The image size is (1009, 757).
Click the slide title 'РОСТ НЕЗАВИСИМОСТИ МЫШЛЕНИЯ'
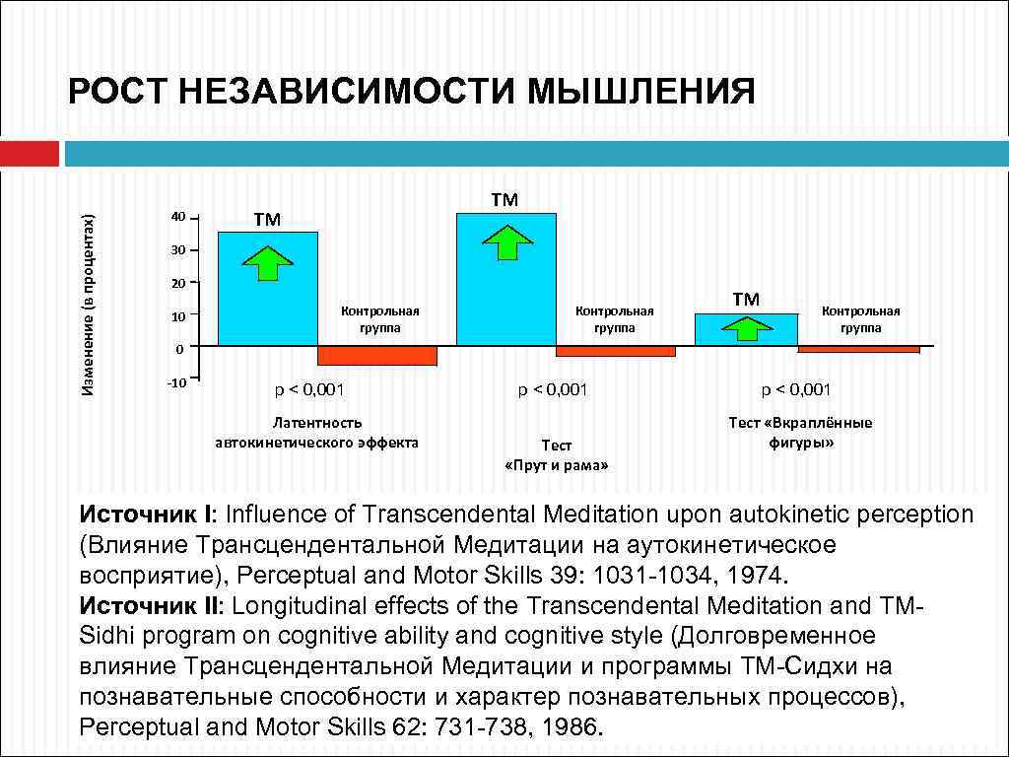411,93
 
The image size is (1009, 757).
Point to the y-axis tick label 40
177,217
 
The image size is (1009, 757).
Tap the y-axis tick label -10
174,381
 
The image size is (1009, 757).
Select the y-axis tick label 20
177,284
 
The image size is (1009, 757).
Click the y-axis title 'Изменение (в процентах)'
89,293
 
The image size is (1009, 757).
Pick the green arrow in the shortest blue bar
745,329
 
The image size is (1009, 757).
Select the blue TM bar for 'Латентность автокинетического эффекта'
267,288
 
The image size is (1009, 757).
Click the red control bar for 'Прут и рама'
616,351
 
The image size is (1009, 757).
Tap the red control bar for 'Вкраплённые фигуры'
858,349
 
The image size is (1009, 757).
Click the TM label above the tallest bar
504,200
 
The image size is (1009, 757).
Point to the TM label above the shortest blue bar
746,299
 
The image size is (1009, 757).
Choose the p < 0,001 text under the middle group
553,389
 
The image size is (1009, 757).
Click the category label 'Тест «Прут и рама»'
556,455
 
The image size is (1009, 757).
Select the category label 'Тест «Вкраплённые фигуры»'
800,433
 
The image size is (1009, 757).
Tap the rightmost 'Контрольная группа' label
860,319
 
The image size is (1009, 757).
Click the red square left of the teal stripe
29,154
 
